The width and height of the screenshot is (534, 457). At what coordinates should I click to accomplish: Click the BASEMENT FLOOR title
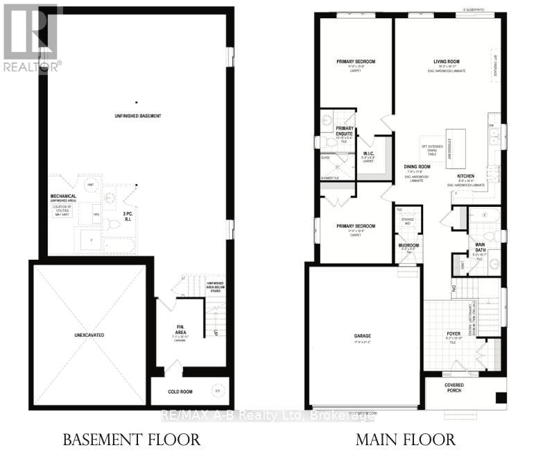[x=131, y=440]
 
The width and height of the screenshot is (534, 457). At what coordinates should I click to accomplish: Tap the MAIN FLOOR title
[x=407, y=440]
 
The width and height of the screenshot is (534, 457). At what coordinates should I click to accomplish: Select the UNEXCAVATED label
[x=89, y=335]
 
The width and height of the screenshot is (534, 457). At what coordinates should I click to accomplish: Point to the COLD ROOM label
[x=180, y=392]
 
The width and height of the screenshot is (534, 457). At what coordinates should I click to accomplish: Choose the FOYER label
[x=454, y=333]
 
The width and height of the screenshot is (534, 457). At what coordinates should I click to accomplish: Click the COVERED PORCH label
[x=454, y=388]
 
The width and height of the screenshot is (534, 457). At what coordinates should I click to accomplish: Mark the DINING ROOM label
[x=417, y=167]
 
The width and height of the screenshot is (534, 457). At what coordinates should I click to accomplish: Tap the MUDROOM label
[x=408, y=245]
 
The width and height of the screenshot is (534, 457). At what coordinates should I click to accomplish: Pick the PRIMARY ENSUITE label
[x=345, y=131]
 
